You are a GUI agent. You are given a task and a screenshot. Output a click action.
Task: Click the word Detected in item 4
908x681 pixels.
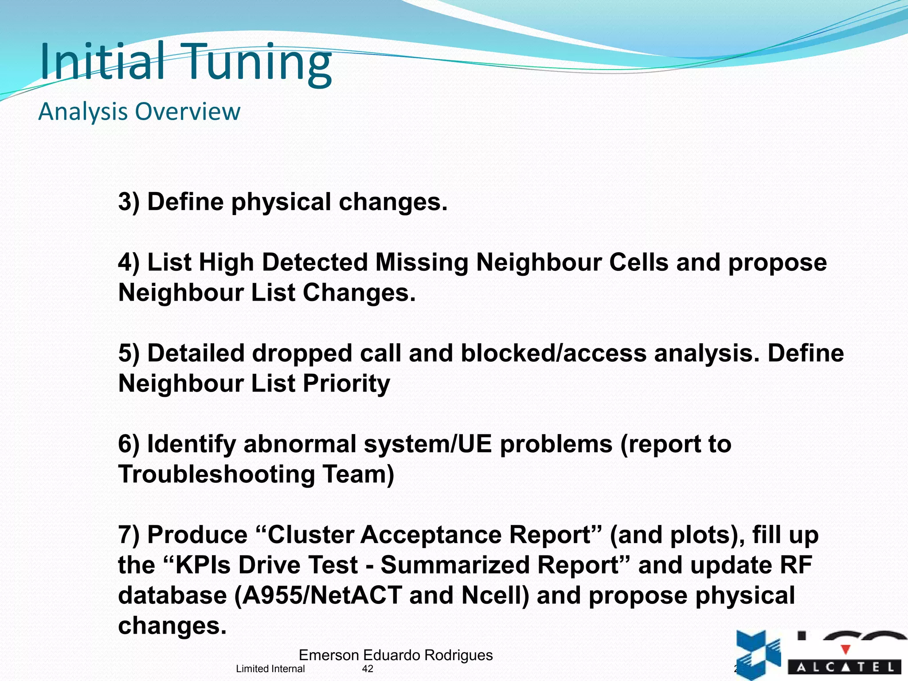(315, 262)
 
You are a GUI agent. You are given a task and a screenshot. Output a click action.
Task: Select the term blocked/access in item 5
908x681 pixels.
(553, 353)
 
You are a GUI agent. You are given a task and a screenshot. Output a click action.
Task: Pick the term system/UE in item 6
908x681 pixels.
(428, 444)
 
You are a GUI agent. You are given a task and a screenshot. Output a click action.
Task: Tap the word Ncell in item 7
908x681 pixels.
(495, 595)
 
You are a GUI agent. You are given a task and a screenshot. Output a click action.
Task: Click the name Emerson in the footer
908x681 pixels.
(329, 655)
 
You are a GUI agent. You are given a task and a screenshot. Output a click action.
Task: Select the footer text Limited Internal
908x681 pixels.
(270, 669)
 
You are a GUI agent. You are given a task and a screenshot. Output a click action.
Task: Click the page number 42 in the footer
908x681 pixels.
(368, 669)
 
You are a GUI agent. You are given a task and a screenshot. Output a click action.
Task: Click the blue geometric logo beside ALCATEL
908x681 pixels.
(758, 654)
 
